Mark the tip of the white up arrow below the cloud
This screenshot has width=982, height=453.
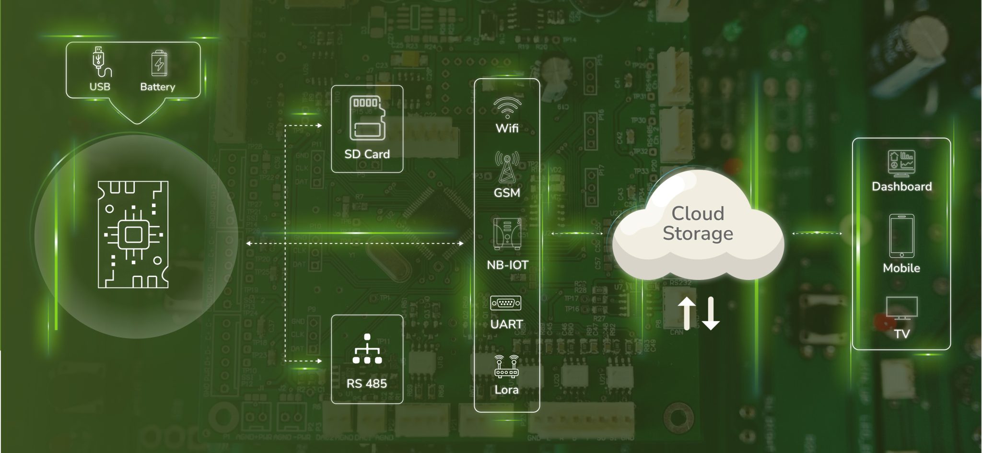687,297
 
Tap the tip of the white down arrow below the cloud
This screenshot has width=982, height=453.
711,330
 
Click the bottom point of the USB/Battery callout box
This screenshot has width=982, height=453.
137,124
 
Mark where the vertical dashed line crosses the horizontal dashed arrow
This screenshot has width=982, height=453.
285,244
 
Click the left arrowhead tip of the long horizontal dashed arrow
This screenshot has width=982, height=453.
246,244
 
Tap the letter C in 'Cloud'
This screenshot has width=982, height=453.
679,214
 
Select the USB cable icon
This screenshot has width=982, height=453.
101,62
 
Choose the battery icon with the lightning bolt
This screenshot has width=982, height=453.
159,63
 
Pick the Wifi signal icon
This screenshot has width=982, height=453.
507,108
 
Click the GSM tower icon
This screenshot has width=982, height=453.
507,167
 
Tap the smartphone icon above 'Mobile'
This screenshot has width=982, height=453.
901,236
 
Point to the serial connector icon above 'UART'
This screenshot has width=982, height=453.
506,303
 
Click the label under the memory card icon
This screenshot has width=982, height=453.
367,154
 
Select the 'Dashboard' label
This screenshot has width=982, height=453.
901,186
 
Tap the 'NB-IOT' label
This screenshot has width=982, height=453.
507,265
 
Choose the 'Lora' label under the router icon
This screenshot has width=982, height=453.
506,390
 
